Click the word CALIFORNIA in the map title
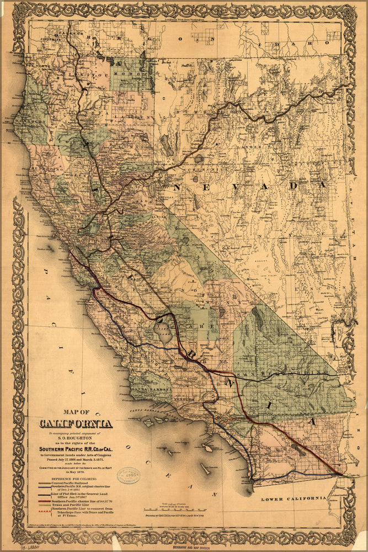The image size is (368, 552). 76,424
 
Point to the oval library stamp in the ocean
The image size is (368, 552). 129,475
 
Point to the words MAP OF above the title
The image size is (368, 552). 76,412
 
